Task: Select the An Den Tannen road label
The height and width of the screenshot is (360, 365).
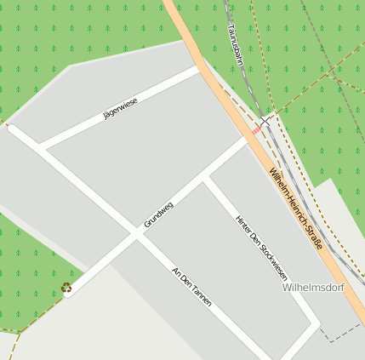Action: [191, 287]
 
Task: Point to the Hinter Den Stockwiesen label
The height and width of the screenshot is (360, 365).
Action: [262, 248]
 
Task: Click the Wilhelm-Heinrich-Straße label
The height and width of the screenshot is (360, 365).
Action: [295, 209]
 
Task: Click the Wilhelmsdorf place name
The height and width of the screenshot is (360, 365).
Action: [312, 288]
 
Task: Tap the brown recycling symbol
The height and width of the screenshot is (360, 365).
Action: [66, 288]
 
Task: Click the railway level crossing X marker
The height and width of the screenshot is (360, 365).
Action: [265, 121]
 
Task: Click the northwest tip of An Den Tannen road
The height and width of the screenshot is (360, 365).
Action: [11, 128]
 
